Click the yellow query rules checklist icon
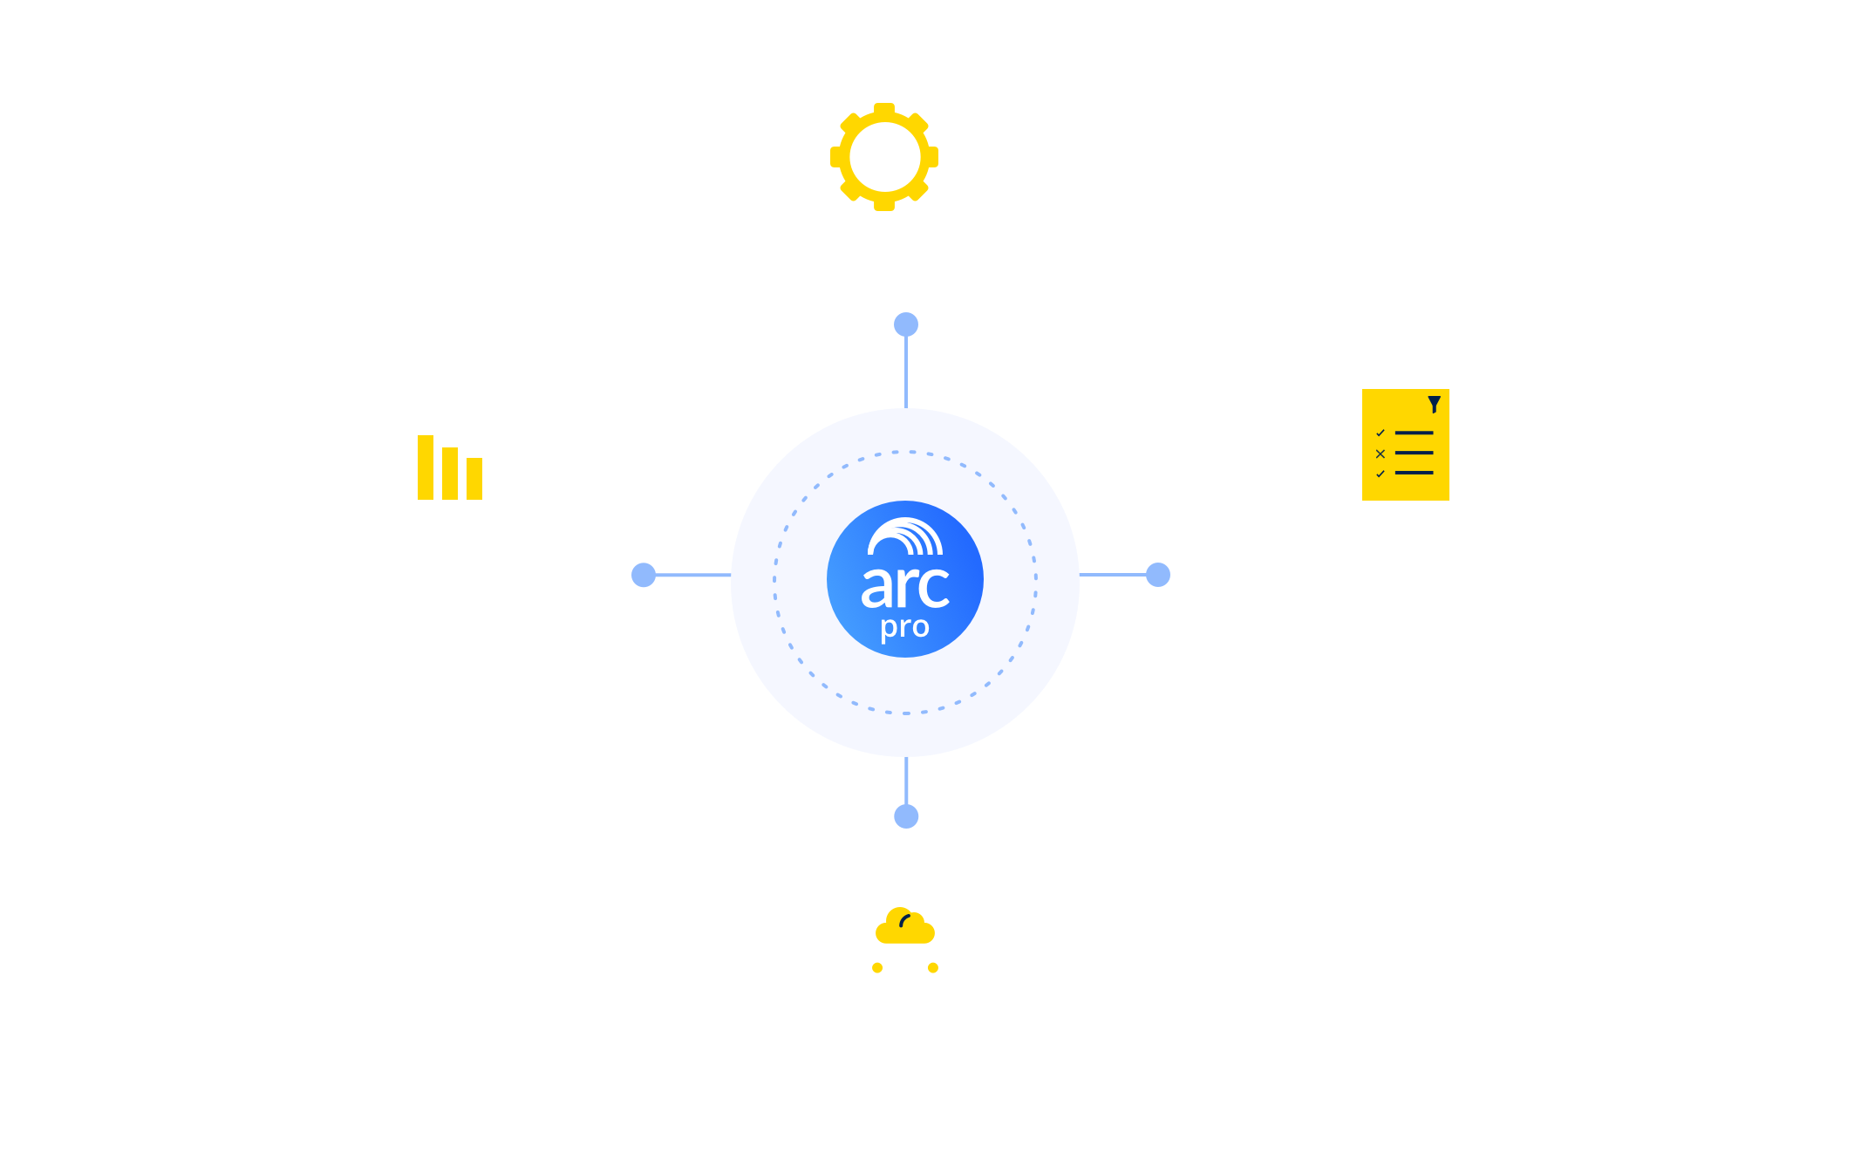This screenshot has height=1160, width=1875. tap(1405, 445)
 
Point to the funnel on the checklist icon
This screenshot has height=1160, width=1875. tap(1434, 405)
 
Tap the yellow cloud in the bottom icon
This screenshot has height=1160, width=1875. tap(905, 926)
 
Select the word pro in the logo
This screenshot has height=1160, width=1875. tap(904, 628)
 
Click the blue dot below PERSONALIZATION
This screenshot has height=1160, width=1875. tap(906, 325)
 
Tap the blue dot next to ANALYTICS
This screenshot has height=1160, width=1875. tap(644, 575)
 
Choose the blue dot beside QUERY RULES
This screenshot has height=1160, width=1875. tap(1158, 575)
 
